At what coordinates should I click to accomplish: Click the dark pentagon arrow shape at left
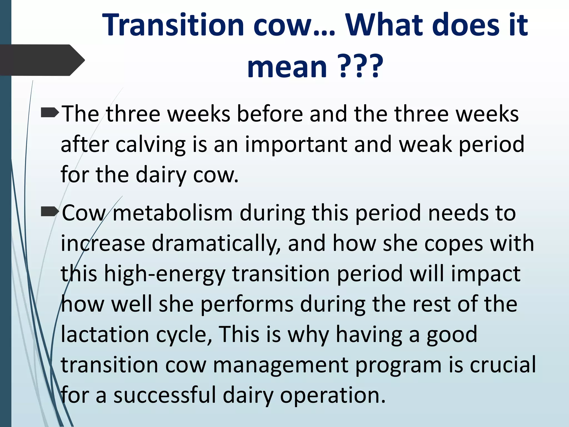point(42,60)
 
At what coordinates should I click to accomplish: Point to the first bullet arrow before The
point(50,113)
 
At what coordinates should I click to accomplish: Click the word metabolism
point(173,213)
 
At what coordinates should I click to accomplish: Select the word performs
point(247,305)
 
